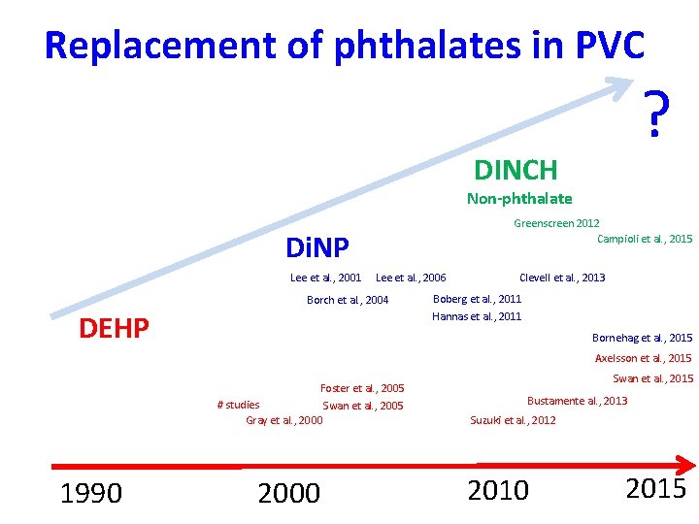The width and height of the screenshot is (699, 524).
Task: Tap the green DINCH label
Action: [516, 171]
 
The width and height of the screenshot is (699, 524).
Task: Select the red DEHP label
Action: [114, 330]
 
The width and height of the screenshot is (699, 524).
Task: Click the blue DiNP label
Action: [317, 248]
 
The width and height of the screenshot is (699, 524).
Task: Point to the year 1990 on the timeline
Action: [91, 494]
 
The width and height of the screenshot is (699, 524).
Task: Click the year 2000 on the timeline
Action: [288, 493]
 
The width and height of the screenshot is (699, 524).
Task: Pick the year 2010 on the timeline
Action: [498, 491]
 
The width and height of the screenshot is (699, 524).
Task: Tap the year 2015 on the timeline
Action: [655, 488]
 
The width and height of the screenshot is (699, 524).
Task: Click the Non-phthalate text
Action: [519, 199]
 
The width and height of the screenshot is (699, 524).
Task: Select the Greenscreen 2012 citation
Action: [556, 223]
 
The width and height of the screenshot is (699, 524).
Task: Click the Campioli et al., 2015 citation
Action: [645, 239]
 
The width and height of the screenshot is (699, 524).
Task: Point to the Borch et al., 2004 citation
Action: [348, 300]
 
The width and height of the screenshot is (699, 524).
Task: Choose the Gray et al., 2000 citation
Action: [284, 420]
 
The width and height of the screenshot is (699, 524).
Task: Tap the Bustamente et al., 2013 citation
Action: [577, 401]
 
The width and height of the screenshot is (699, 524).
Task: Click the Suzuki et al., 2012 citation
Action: [513, 420]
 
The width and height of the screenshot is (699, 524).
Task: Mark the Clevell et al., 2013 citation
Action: [562, 278]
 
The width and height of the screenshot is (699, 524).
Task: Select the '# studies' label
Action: [238, 405]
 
